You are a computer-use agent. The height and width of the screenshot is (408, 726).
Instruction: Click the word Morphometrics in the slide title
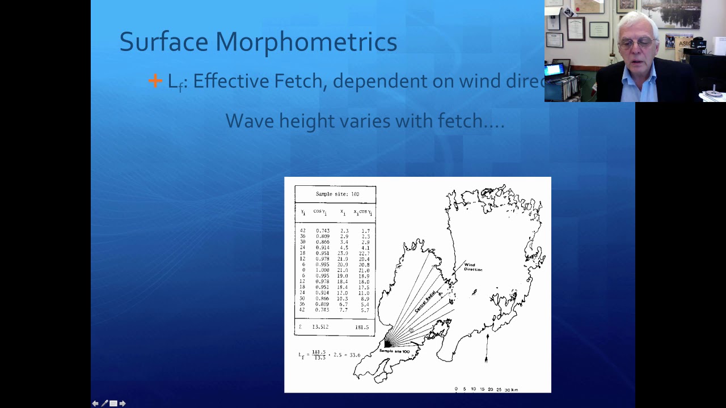click(306, 42)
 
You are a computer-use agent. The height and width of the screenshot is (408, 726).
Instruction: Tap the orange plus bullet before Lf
click(155, 82)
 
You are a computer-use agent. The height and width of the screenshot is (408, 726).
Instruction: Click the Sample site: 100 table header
click(337, 194)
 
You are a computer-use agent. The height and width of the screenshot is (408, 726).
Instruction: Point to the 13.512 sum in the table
click(320, 327)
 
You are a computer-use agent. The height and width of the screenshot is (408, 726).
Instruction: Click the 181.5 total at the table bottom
click(361, 327)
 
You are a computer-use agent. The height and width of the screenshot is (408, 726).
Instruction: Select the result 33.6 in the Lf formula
click(354, 355)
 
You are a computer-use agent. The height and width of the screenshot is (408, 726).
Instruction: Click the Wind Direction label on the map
click(472, 267)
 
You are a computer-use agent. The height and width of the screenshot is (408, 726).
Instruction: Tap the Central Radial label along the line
click(425, 301)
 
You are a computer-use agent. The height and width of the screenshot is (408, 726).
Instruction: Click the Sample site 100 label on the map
click(394, 351)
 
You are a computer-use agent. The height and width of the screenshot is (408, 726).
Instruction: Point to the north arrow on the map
click(487, 347)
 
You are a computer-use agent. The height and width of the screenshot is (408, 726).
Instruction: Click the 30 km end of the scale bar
click(510, 390)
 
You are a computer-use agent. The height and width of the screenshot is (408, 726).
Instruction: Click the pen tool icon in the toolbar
click(104, 403)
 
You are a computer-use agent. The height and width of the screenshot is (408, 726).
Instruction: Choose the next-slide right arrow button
click(123, 403)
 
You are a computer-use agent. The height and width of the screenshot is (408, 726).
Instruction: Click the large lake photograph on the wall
click(672, 14)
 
